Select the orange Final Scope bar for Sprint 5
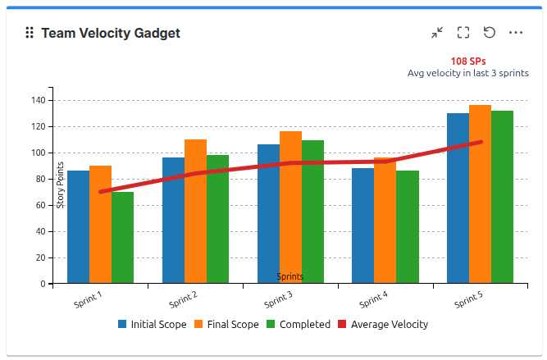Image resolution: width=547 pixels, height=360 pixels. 480,197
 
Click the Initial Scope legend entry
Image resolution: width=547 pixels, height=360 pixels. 153,325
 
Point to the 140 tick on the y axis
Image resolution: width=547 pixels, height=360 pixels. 37,101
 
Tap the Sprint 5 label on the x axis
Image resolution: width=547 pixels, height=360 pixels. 467,298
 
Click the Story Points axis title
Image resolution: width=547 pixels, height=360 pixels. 60,185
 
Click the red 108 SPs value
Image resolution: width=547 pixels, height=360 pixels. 468,61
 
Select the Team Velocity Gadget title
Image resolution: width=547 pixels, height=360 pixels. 111,33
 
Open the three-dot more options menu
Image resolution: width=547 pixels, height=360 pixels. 516,33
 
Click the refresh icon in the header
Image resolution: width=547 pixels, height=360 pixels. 490,33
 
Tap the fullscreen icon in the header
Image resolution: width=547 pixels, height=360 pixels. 463,33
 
